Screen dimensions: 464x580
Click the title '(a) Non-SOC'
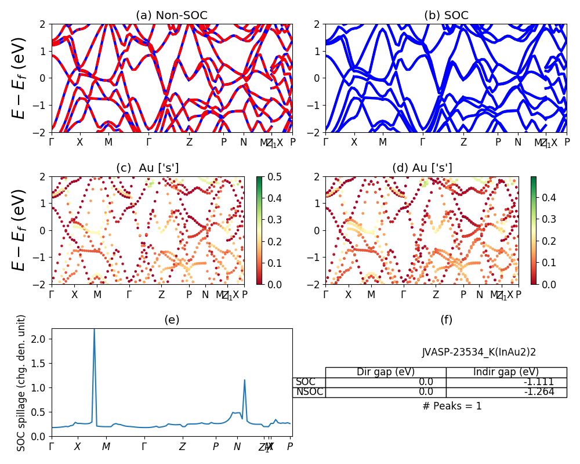(172, 16)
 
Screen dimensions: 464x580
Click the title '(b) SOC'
(446, 16)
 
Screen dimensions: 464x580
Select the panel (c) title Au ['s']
(147, 168)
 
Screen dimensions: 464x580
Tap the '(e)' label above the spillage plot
(172, 320)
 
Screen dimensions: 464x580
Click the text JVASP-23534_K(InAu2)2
(470, 352)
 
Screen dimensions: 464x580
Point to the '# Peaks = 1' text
(452, 406)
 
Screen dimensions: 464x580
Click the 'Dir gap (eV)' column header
(386, 372)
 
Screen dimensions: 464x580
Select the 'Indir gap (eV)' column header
(506, 372)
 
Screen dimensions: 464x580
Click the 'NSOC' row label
(309, 392)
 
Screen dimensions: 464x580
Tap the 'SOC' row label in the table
(306, 382)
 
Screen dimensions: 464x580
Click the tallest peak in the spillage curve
(94, 331)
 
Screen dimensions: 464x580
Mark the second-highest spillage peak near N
(245, 380)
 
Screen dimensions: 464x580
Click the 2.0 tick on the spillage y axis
(39, 339)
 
